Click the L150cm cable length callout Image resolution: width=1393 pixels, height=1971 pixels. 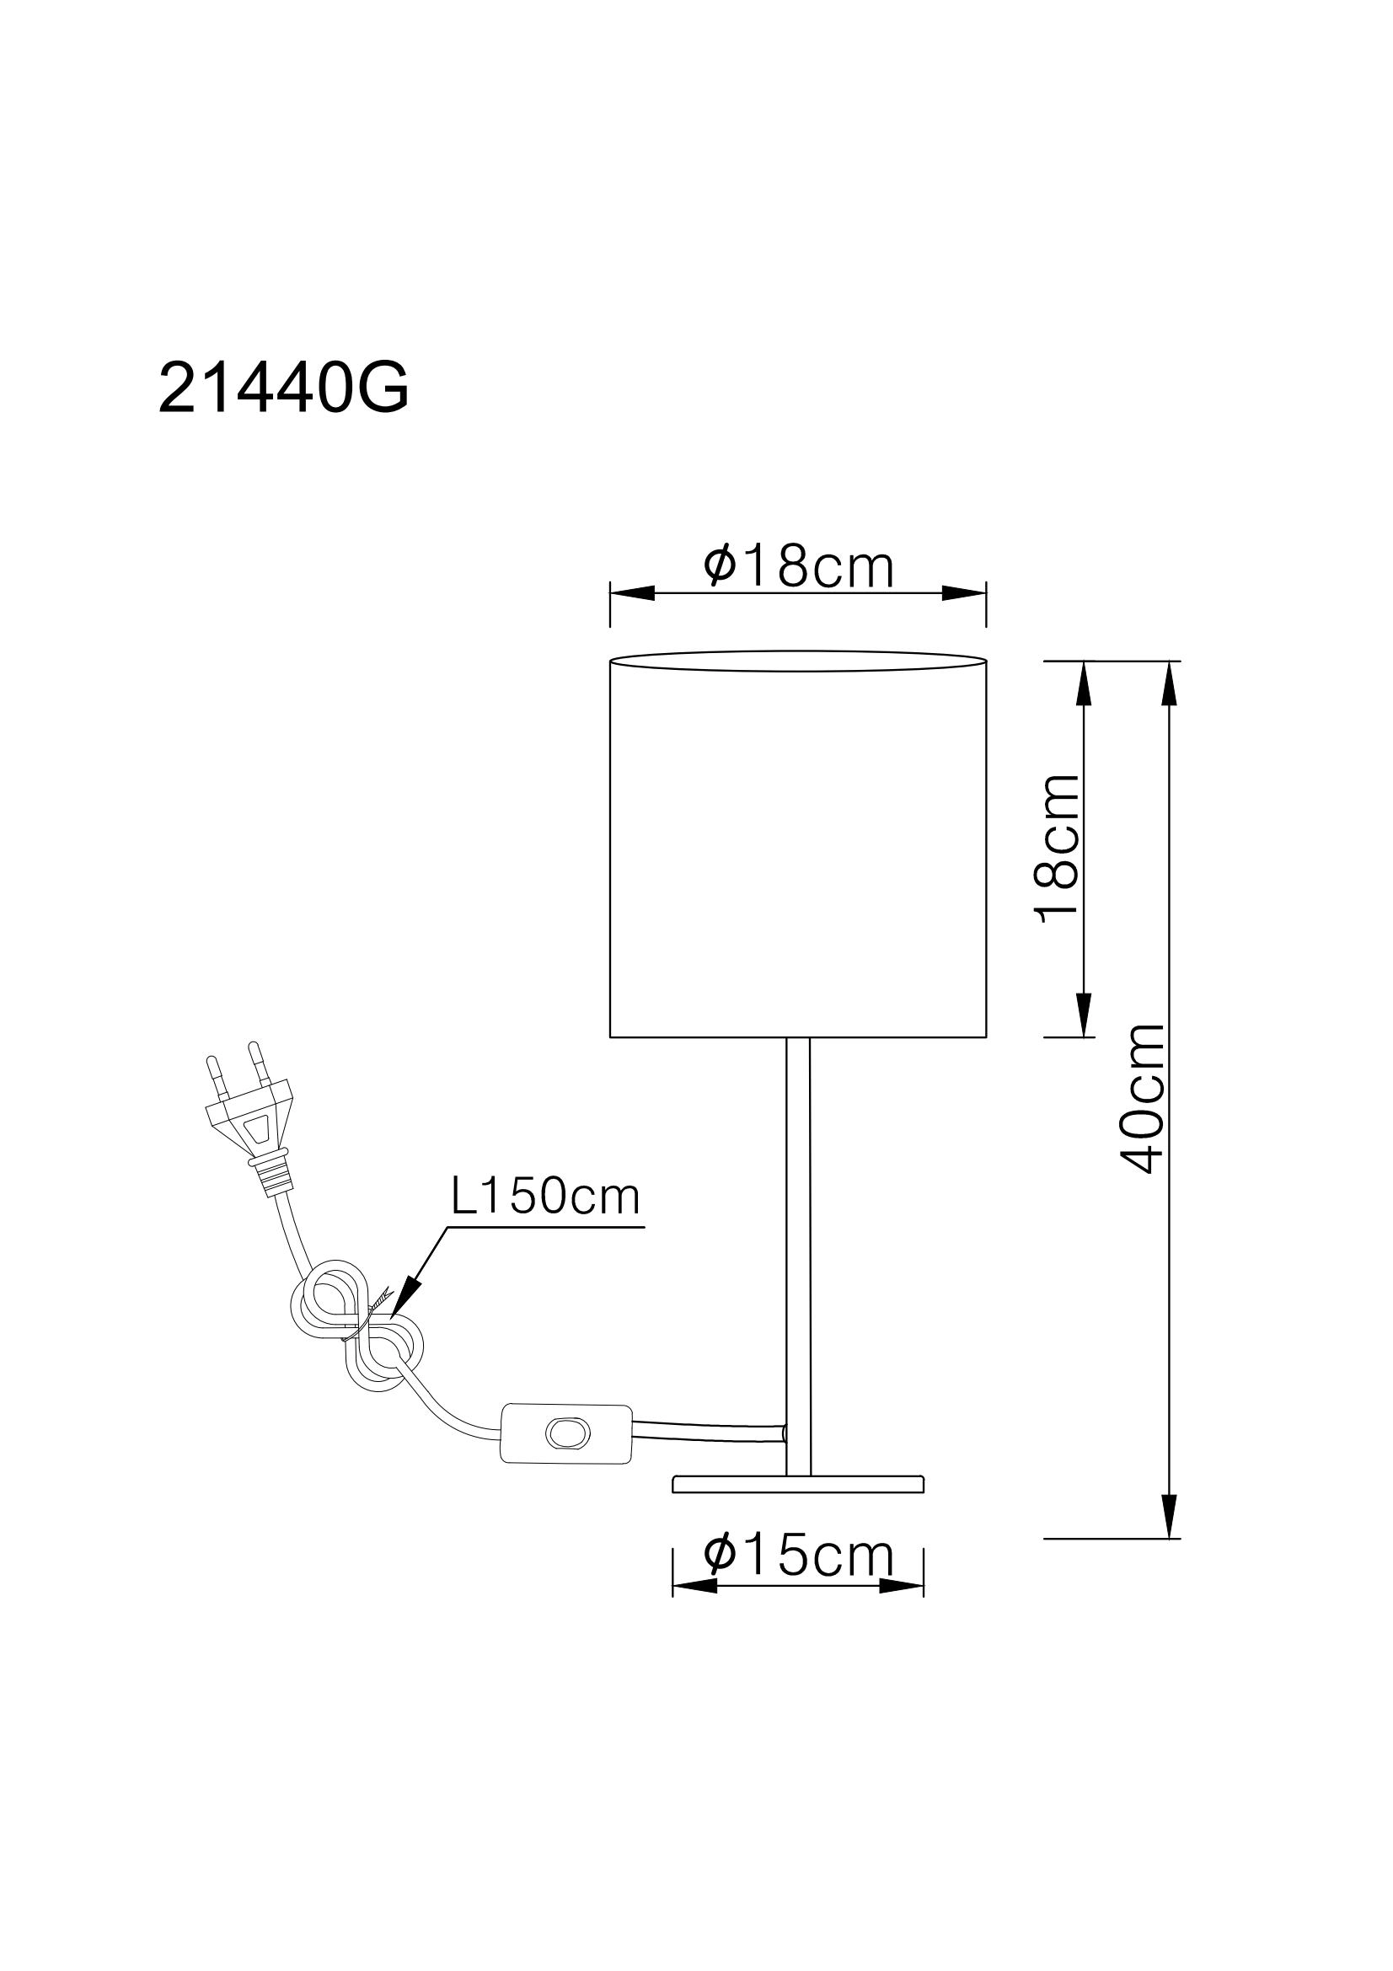pos(546,1197)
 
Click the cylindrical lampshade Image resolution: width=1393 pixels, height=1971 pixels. pos(798,850)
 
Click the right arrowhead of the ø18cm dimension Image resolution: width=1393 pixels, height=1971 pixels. pos(963,593)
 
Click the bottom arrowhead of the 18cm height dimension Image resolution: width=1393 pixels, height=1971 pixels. pos(1084,1014)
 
